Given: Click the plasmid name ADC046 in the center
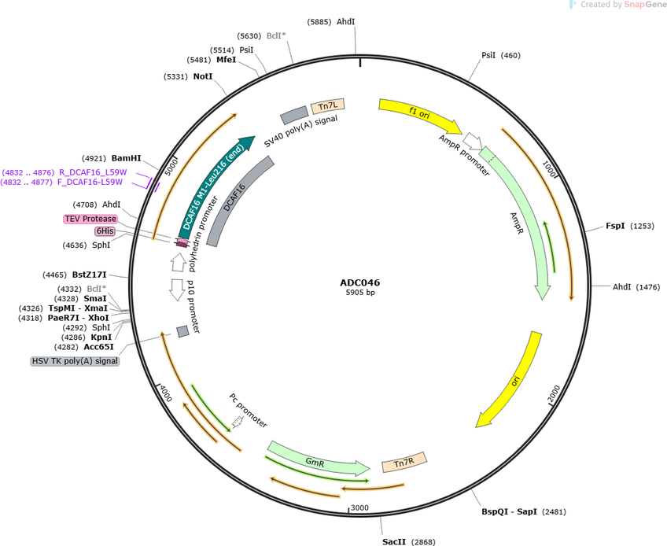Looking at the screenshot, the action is [x=360, y=282].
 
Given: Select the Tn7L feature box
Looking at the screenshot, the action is [x=327, y=106].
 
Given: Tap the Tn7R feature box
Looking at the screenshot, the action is [x=404, y=462].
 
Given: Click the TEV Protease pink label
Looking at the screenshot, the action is [x=90, y=219].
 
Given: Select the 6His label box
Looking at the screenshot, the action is [x=105, y=231].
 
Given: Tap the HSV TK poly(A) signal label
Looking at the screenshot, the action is [x=75, y=361].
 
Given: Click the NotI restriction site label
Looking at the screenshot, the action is [x=203, y=76].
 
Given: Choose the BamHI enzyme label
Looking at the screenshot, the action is [x=126, y=158].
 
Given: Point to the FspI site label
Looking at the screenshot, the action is [x=615, y=226].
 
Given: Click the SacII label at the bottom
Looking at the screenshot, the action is [x=394, y=542].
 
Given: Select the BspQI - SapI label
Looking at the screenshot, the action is [x=509, y=511].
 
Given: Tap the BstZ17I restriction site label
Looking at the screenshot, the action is [x=90, y=275].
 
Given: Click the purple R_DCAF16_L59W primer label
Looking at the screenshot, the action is [x=93, y=172].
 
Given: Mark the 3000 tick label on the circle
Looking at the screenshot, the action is [x=359, y=507].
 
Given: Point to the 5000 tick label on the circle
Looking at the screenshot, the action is [x=171, y=167].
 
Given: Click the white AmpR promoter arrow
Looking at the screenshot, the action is [x=473, y=141].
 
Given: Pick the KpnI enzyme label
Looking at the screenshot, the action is [x=101, y=337].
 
